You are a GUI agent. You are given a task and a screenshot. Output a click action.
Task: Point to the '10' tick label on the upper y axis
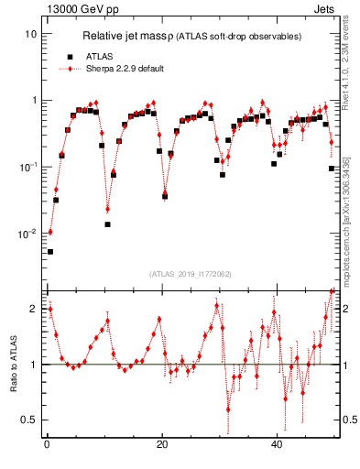point(30,34)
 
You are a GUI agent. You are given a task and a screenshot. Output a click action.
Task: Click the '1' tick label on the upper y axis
point(33,101)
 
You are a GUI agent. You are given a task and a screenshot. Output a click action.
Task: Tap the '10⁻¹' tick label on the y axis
point(27,167)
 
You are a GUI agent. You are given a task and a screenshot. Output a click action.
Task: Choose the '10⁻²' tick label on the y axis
point(27,234)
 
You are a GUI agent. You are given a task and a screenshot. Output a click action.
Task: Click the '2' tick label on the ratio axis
point(33,308)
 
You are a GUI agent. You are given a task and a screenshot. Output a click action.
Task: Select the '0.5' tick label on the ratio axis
point(28,420)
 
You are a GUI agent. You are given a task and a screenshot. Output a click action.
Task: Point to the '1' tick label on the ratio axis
point(33,365)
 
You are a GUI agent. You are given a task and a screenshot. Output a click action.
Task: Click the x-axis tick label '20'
point(162,445)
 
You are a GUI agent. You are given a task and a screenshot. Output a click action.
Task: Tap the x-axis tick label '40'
point(278,445)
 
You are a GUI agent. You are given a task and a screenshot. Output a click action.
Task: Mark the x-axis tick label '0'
point(47,445)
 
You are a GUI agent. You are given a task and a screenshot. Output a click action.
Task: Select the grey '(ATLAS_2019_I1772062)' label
point(190,273)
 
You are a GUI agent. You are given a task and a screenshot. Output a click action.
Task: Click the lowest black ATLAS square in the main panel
point(50,251)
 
